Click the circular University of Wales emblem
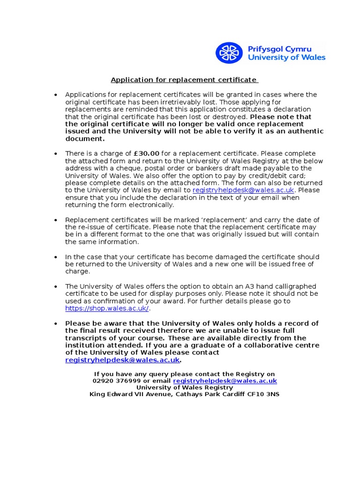click(229, 52)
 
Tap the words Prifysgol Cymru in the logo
click(286, 48)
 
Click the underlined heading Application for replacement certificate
click(184, 80)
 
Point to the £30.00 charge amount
click(147, 153)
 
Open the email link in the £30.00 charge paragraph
click(243, 190)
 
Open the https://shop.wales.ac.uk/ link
click(107, 308)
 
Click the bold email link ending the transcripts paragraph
click(122, 360)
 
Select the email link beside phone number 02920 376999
click(225, 381)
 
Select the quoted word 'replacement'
click(221, 220)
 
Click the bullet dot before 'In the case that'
click(55, 257)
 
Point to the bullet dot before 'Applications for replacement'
click(55, 95)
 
